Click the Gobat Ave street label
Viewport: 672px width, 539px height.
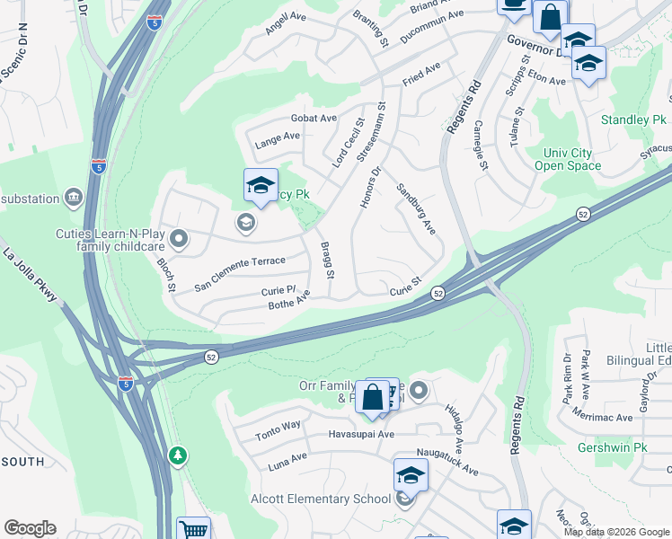[x=314, y=118]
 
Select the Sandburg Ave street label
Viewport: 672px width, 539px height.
[x=416, y=210]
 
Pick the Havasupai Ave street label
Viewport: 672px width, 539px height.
[x=360, y=434]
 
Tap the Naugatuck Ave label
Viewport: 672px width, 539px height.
[x=447, y=460]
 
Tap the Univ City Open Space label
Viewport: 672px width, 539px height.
[x=568, y=159]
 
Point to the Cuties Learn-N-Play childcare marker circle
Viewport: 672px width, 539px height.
[x=179, y=239]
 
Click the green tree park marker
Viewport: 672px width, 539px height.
[x=179, y=455]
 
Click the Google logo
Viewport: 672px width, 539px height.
[x=31, y=528]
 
